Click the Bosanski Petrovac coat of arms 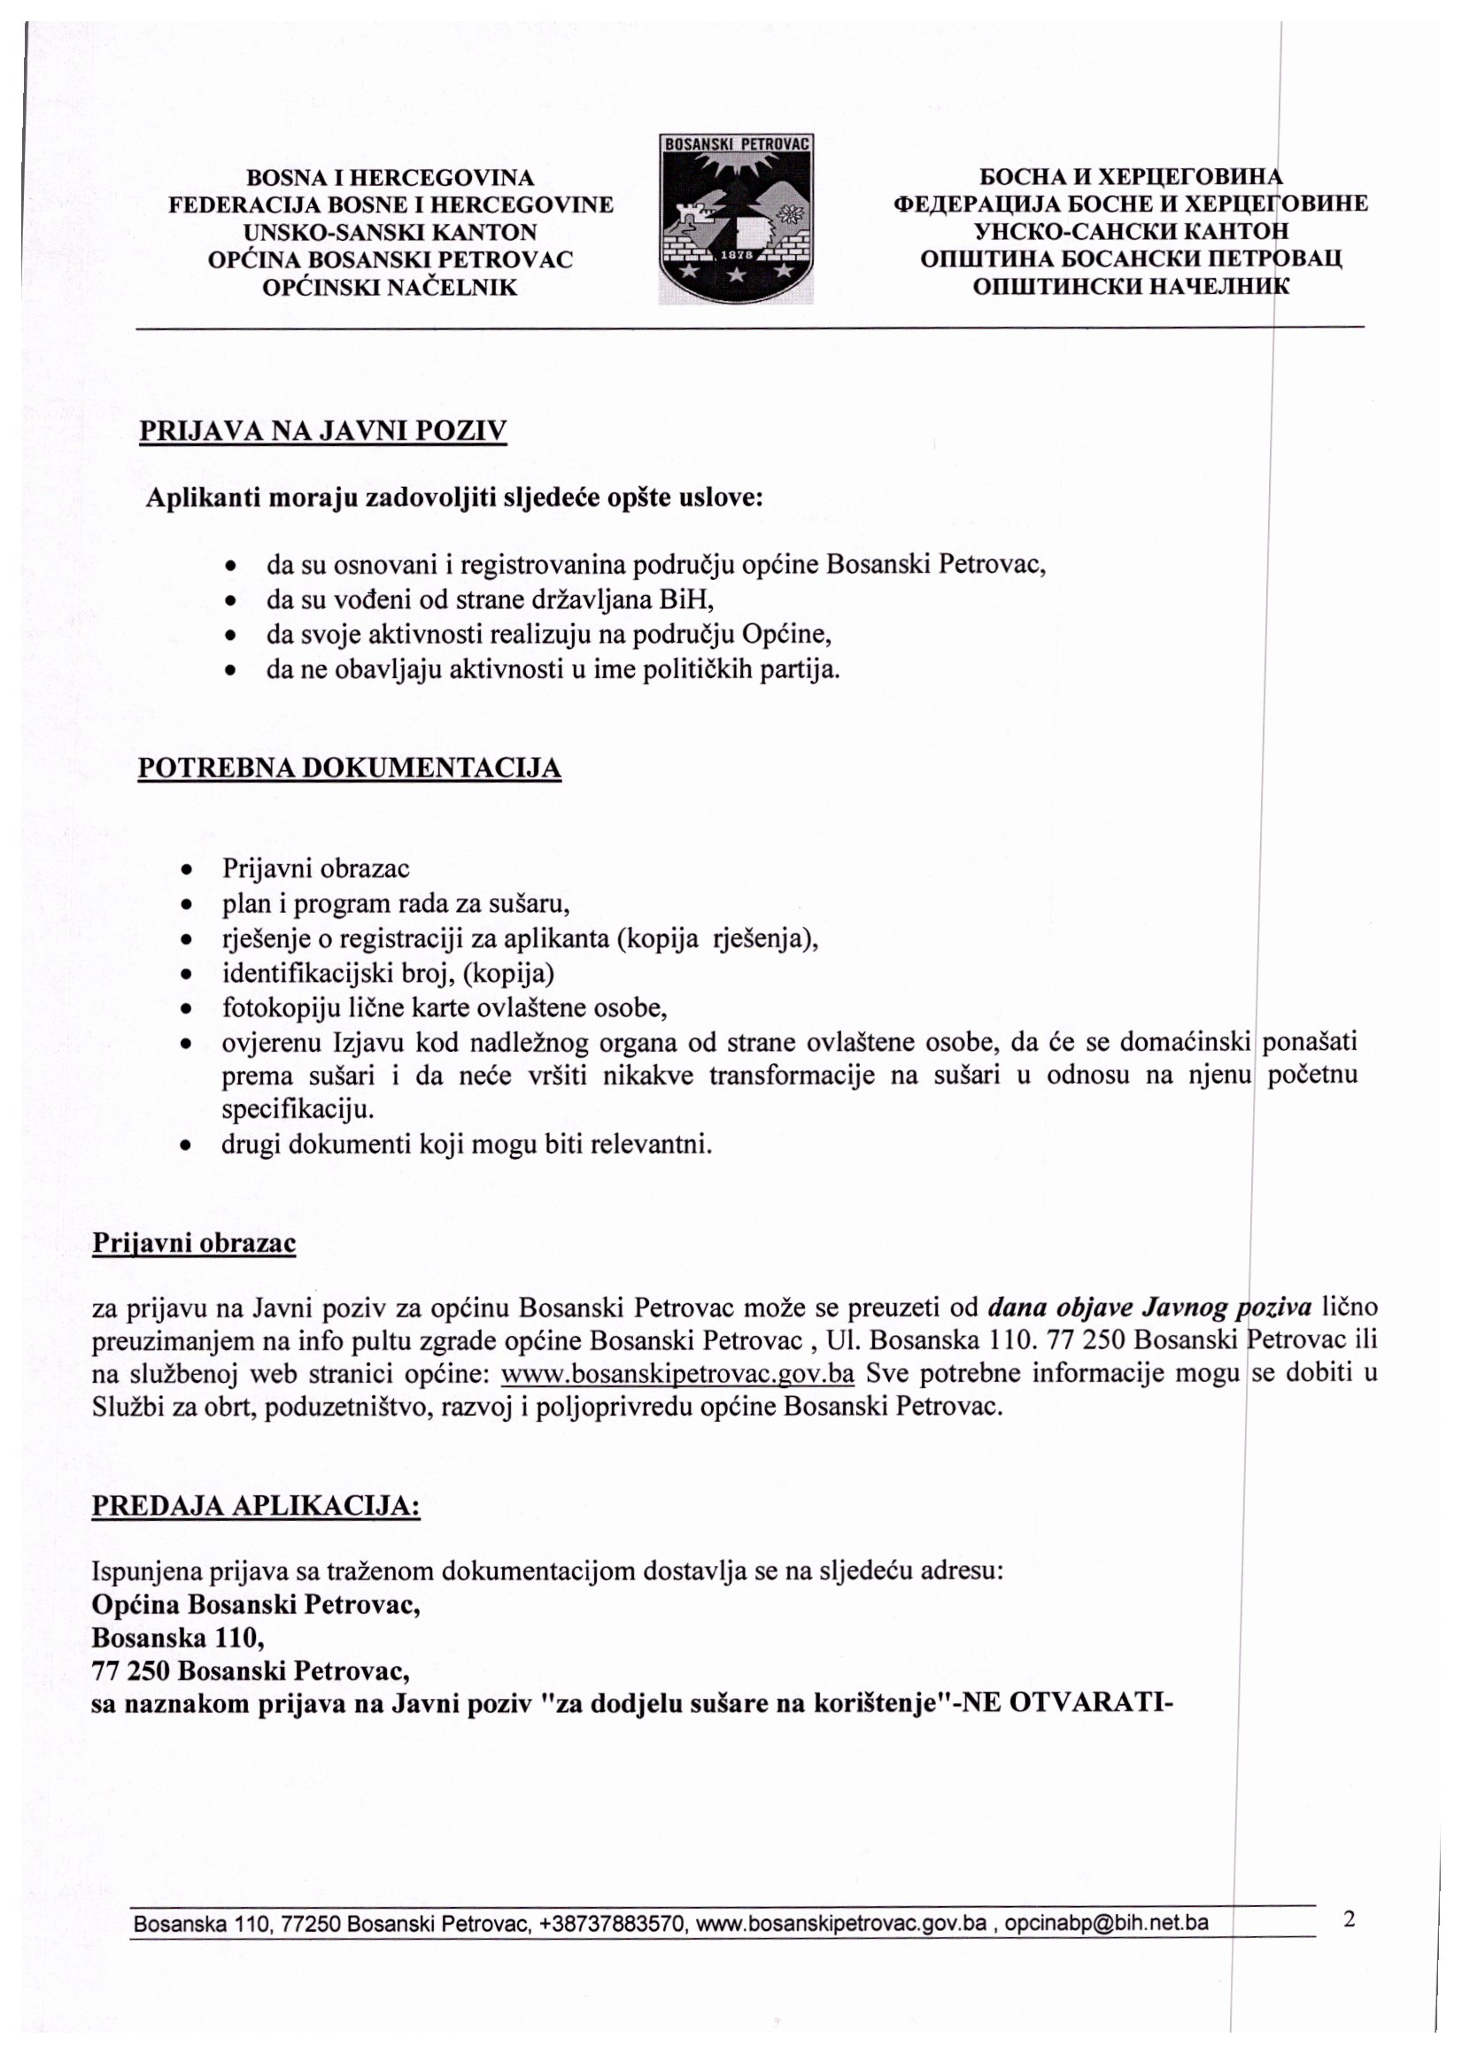(x=737, y=220)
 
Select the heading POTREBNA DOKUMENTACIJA (x=349, y=768)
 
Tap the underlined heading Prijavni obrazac (x=194, y=1243)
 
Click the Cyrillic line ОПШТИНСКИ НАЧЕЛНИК (x=1131, y=287)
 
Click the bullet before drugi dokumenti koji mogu (x=185, y=1146)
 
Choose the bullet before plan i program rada (x=185, y=904)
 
